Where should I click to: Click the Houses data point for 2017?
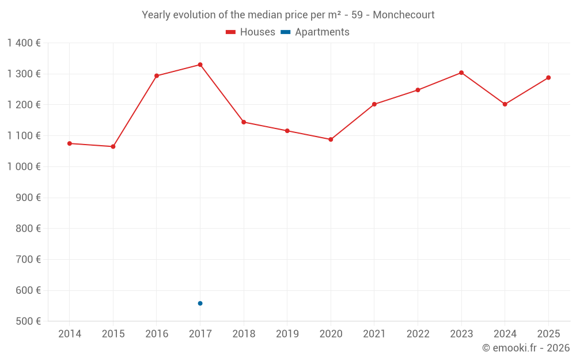200,65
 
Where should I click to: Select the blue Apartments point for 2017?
200,303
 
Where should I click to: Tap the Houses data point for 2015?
113,146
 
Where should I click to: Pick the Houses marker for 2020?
331,139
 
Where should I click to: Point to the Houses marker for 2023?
461,73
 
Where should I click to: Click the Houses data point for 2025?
548,78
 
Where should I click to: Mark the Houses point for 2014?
70,143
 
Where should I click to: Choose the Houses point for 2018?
244,122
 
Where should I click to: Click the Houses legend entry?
251,32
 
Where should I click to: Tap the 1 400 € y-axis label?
24,43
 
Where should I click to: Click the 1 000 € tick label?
24,166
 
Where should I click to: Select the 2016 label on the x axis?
157,334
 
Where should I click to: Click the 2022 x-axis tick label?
418,334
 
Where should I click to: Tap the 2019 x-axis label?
287,334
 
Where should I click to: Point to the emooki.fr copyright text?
525,348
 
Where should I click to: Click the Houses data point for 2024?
505,104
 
